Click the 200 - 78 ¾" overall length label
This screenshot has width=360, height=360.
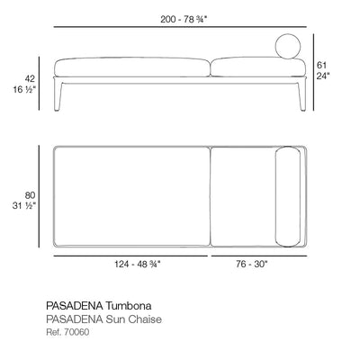184,20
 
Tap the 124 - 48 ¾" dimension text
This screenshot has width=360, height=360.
138,265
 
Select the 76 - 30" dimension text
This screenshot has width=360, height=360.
251,265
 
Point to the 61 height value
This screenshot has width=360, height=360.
321,65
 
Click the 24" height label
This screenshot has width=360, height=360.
323,76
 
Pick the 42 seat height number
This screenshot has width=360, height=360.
30,78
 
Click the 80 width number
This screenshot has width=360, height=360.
30,195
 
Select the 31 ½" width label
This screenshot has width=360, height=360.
24,206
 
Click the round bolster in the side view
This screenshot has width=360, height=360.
288,47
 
